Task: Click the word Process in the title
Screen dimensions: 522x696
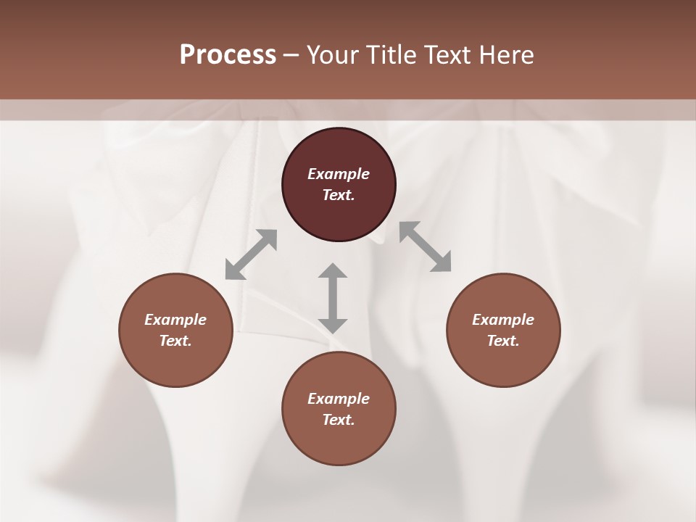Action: point(228,55)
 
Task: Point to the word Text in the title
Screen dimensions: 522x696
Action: point(449,55)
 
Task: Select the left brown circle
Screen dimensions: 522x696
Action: point(175,362)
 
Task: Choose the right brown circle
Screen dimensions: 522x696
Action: point(503,362)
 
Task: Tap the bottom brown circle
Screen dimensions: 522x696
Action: point(339,442)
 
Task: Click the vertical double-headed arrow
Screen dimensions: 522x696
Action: point(333,298)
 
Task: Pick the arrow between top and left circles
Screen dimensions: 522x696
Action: point(251,254)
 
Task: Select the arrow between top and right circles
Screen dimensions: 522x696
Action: point(426,246)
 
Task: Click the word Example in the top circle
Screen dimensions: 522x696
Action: point(339,174)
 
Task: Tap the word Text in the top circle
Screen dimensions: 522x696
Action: point(339,195)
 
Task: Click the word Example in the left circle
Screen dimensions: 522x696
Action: point(175,320)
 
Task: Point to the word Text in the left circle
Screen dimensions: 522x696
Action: point(175,341)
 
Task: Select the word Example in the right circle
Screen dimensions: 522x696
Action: point(503,320)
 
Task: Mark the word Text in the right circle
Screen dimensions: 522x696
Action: point(503,341)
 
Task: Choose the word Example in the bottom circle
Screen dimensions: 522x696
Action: point(339,399)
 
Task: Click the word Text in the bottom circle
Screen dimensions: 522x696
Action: point(339,420)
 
